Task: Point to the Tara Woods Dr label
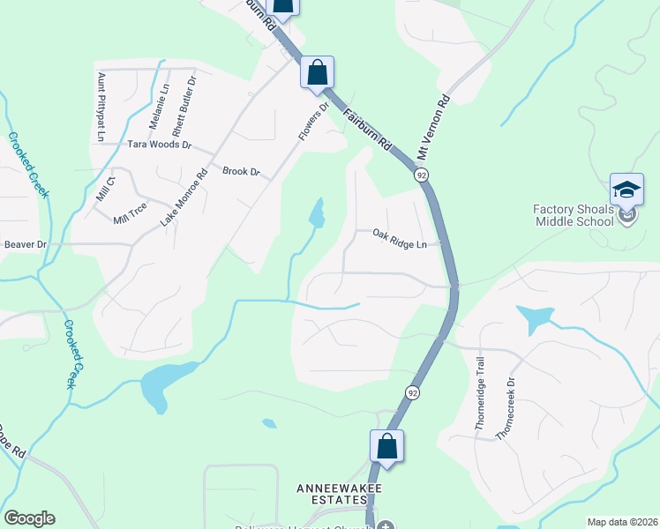(159, 144)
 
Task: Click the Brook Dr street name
(241, 171)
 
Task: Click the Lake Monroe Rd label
(184, 198)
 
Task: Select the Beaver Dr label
(25, 244)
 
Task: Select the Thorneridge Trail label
(481, 392)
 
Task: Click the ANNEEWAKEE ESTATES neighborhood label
(330, 495)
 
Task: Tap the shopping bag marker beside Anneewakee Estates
(386, 446)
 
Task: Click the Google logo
(30, 518)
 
